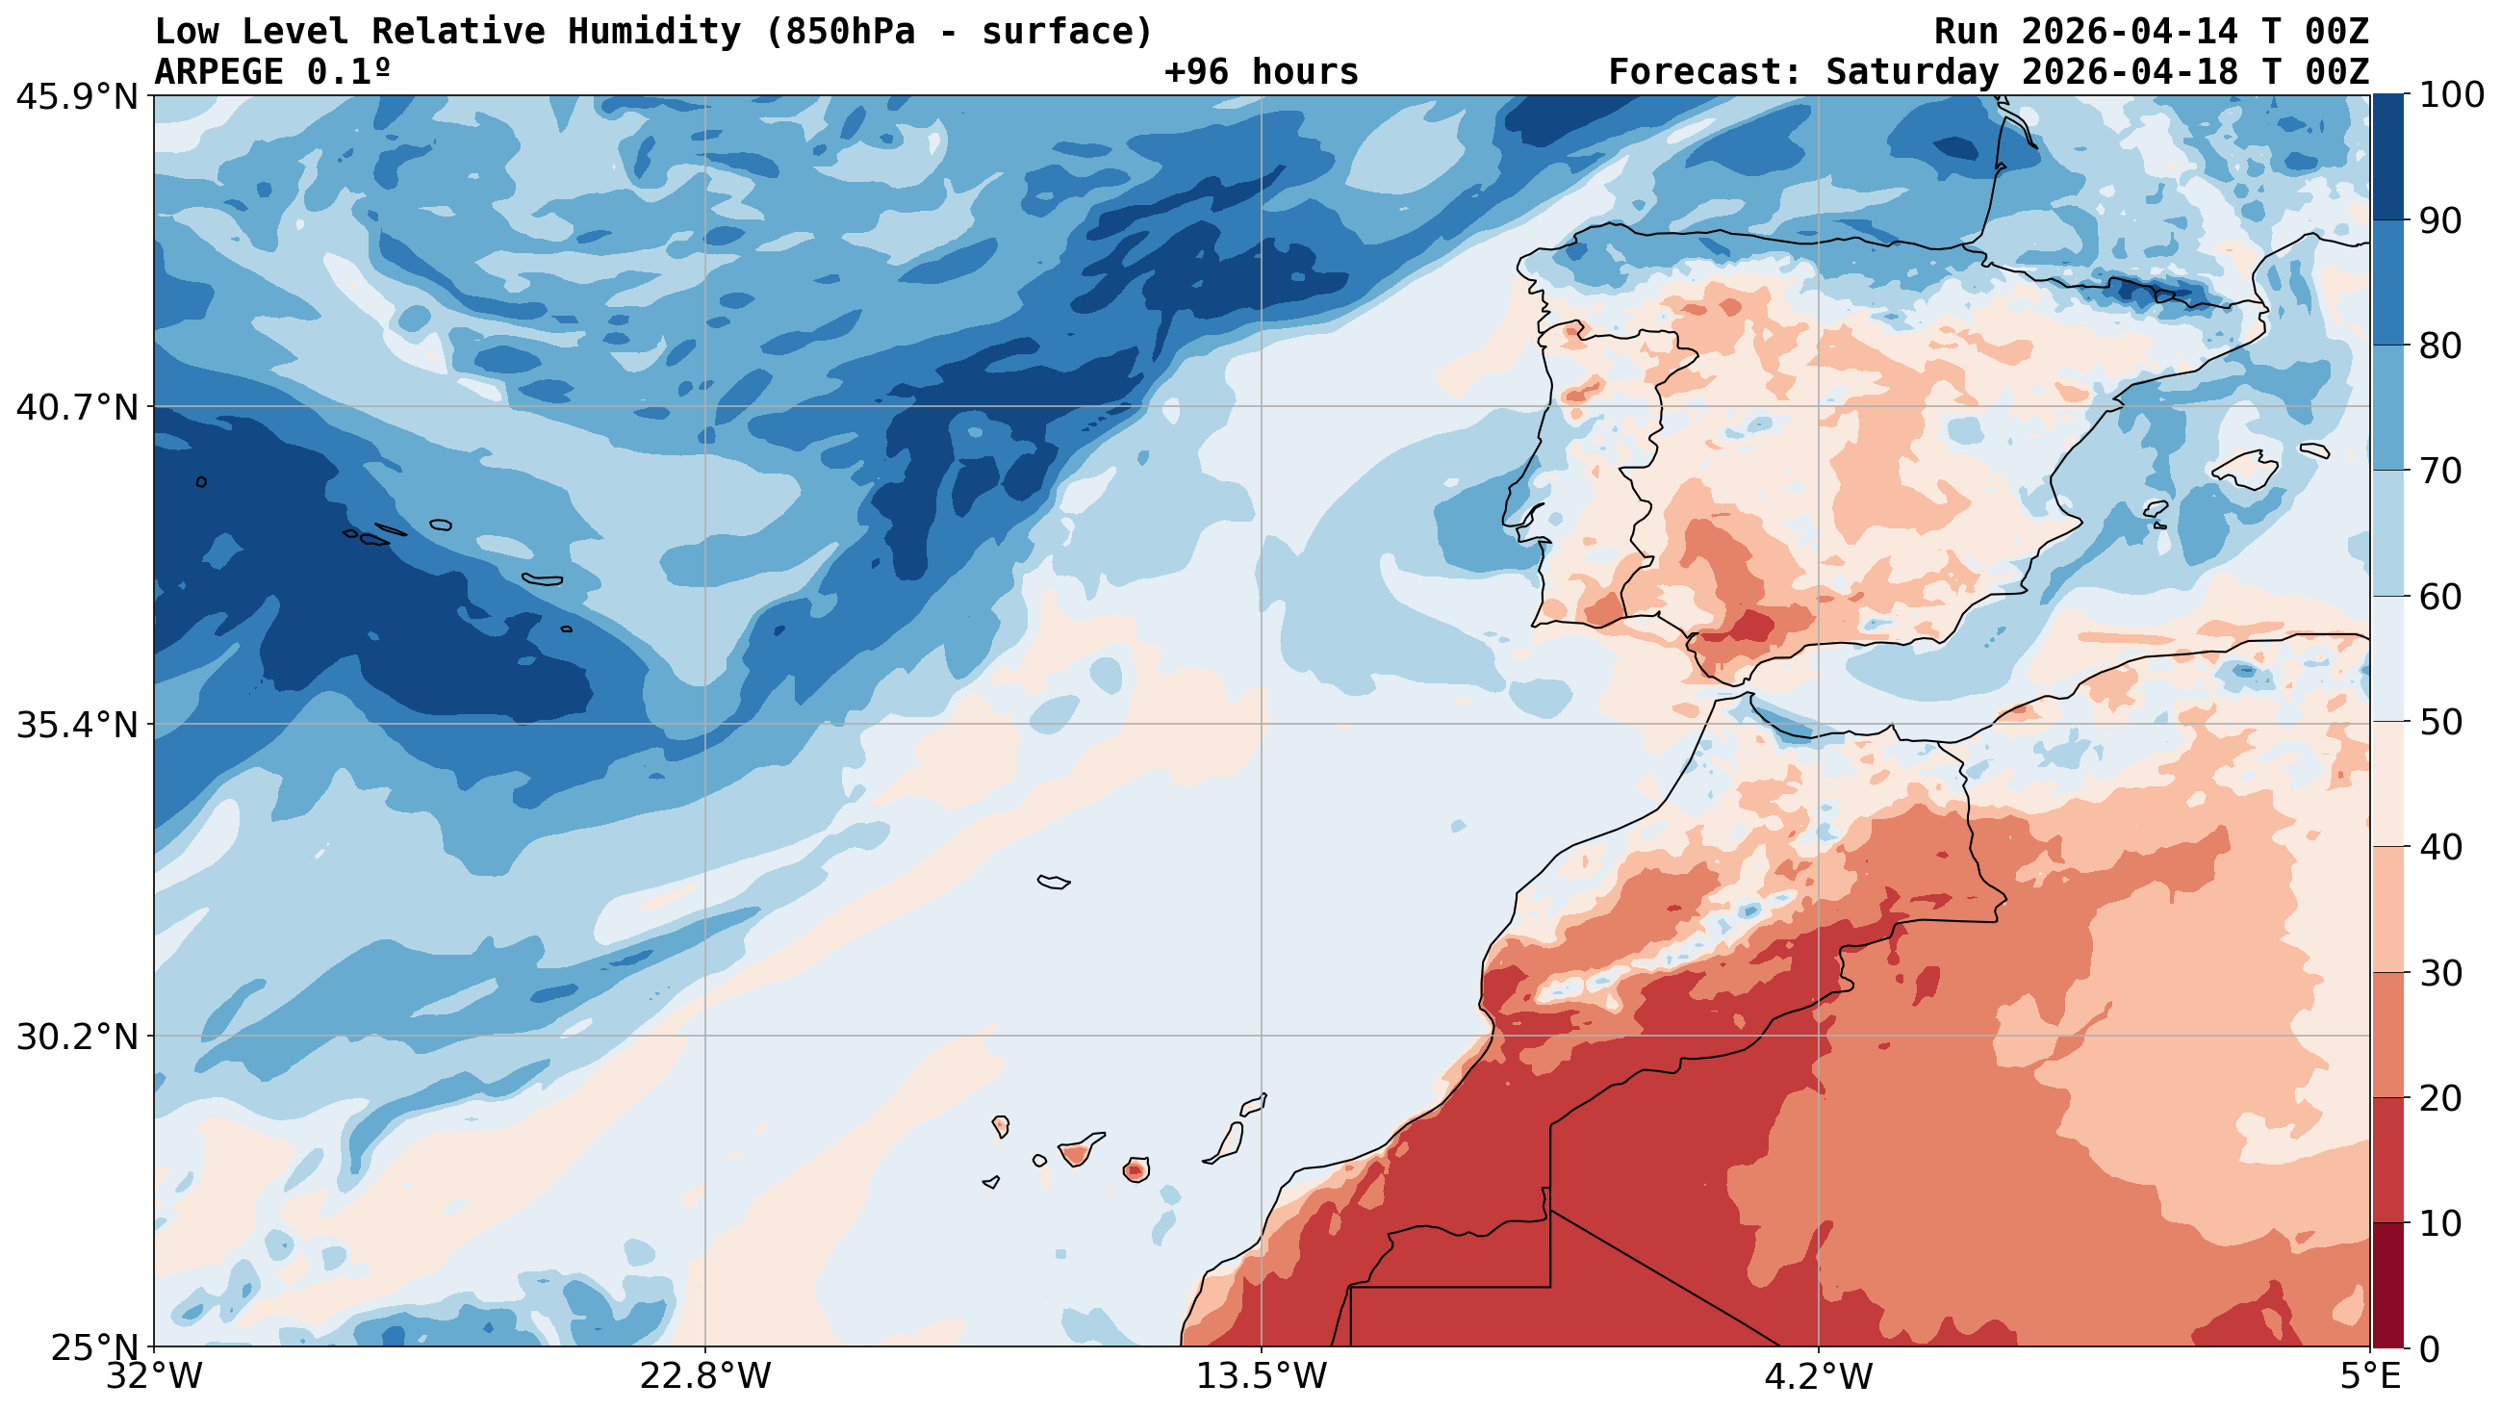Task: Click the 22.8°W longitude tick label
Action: (x=704, y=1376)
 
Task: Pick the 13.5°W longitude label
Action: (x=1262, y=1376)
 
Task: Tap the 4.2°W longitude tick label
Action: (x=1818, y=1376)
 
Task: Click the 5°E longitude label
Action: (x=2370, y=1376)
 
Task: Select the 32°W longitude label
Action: (x=155, y=1376)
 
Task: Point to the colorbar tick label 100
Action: (x=2452, y=95)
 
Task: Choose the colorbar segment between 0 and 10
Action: (x=2387, y=1285)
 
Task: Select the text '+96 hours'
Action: (x=1261, y=72)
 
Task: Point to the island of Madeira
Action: (x=1054, y=882)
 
